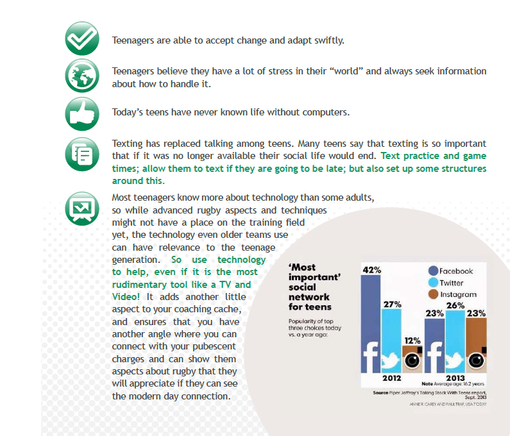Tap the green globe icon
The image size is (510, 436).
pyautogui.click(x=81, y=77)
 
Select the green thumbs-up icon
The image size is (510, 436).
pyautogui.click(x=81, y=113)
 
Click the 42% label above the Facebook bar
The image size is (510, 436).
pyautogui.click(x=371, y=270)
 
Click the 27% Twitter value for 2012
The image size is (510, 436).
pyautogui.click(x=392, y=305)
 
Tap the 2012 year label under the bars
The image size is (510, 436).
pyautogui.click(x=392, y=378)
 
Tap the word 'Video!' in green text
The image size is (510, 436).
pyautogui.click(x=126, y=297)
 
